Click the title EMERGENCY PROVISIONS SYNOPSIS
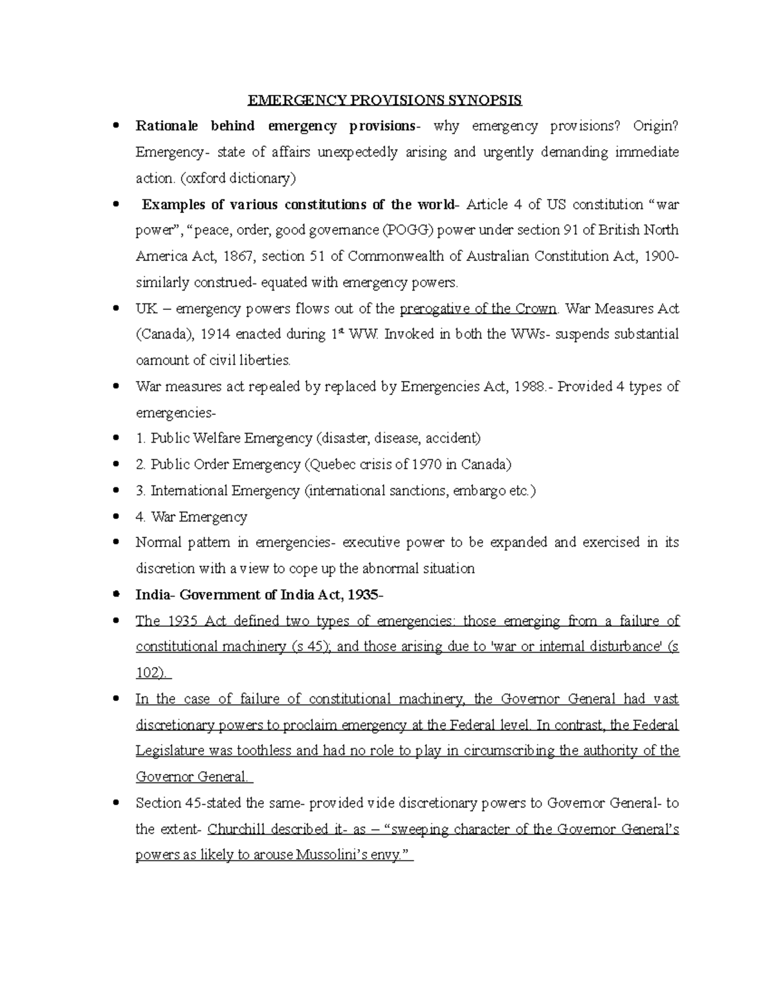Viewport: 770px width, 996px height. (x=385, y=100)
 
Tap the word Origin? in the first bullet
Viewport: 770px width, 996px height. (x=654, y=126)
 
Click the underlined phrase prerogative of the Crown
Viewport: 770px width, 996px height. (x=478, y=308)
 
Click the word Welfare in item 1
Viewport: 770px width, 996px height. (x=217, y=439)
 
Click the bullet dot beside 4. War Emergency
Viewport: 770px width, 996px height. (x=116, y=516)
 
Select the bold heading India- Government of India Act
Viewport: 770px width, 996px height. (x=259, y=595)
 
